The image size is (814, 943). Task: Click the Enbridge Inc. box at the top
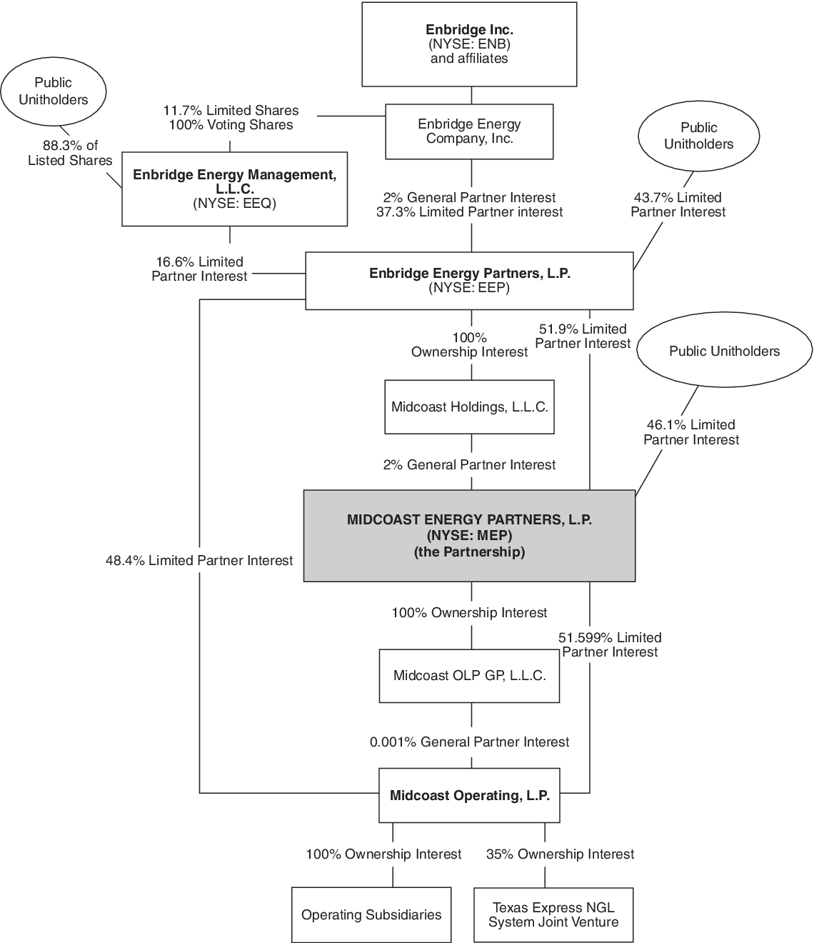(x=469, y=44)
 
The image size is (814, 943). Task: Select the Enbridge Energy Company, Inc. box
(x=469, y=131)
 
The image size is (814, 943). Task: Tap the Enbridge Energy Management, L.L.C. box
(x=234, y=189)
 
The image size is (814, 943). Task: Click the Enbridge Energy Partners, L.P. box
(x=469, y=280)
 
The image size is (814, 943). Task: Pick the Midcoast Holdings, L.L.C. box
(x=469, y=407)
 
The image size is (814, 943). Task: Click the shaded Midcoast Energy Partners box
(x=469, y=536)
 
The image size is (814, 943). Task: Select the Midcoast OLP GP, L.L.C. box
(x=469, y=675)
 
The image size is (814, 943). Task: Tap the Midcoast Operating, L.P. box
(x=469, y=796)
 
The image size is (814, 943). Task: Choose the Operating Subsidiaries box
(x=371, y=915)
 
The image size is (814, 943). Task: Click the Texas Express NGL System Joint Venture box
(x=553, y=915)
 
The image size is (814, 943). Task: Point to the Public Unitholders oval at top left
(x=54, y=91)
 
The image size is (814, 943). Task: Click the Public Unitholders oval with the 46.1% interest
(x=724, y=351)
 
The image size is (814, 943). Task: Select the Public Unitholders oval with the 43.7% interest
(x=698, y=136)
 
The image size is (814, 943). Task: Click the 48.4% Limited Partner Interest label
(x=199, y=561)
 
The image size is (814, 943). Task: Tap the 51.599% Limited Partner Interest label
(x=610, y=644)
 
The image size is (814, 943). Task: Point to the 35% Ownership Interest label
(x=560, y=854)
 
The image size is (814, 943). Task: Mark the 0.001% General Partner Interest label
(x=469, y=742)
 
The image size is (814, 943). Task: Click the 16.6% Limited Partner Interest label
(x=199, y=269)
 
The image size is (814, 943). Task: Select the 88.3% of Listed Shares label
(x=70, y=153)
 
